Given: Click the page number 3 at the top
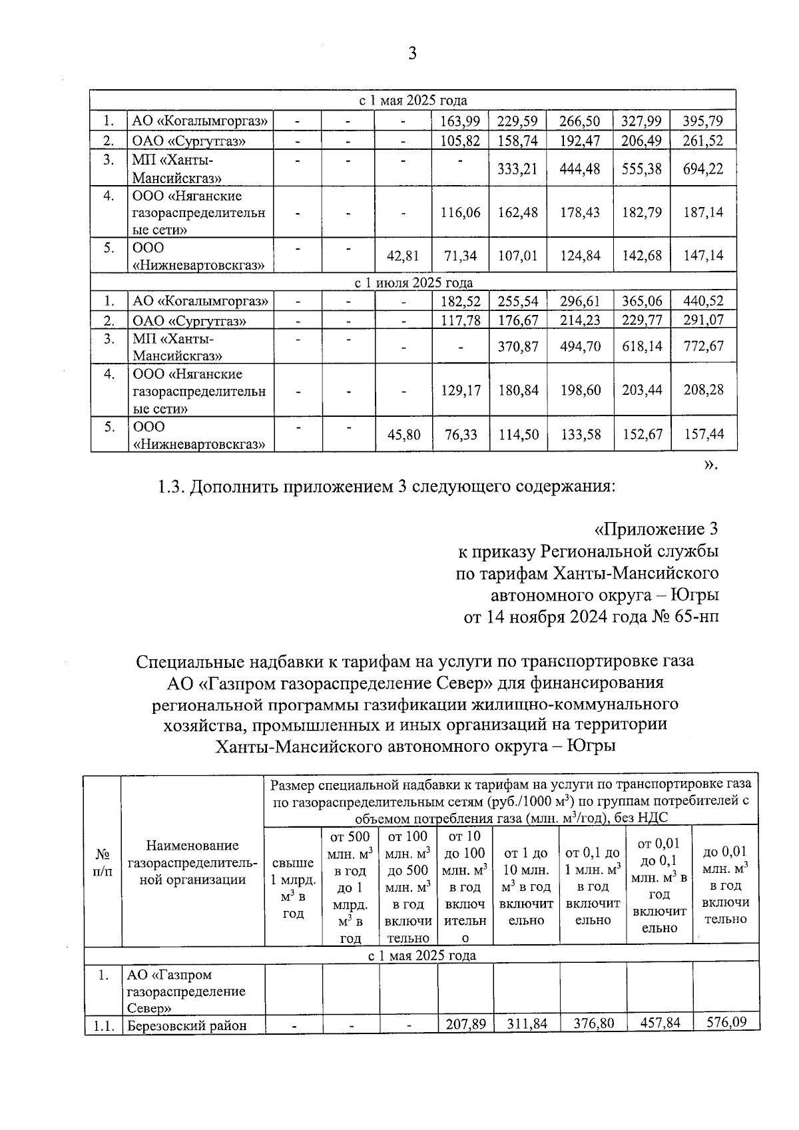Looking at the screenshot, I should pyautogui.click(x=412, y=53).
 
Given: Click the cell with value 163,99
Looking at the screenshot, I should pyautogui.click(x=460, y=121).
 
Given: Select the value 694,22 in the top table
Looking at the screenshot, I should pyautogui.click(x=703, y=169).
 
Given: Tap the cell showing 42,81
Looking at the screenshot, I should pyautogui.click(x=403, y=256).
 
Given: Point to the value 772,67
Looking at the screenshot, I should pyautogui.click(x=703, y=346).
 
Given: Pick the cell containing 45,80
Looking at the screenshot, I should pyautogui.click(x=403, y=435).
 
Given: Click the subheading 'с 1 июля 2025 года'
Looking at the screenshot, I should pyautogui.click(x=413, y=282).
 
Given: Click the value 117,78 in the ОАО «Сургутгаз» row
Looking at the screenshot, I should pyautogui.click(x=460, y=321).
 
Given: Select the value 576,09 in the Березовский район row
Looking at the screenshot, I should pyautogui.click(x=725, y=1022).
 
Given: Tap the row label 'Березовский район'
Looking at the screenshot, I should pyautogui.click(x=187, y=1025).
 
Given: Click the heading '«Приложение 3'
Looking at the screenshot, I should pyautogui.click(x=656, y=529).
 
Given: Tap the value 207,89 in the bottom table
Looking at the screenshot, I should pyautogui.click(x=465, y=1023).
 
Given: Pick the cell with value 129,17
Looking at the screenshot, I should pyautogui.click(x=460, y=390).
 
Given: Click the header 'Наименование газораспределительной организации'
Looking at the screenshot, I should pyautogui.click(x=192, y=863).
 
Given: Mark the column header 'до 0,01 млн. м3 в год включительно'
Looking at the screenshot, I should pyautogui.click(x=725, y=886).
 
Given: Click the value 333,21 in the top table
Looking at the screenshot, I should pyautogui.click(x=517, y=169).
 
